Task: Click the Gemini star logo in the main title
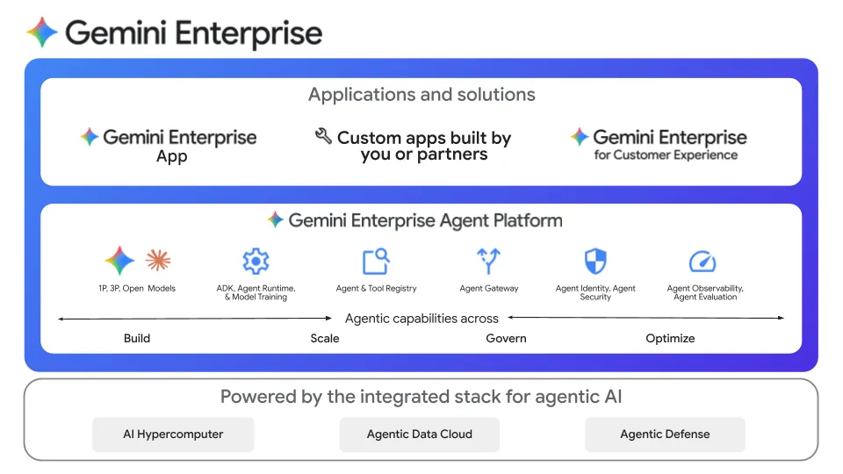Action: [42, 33]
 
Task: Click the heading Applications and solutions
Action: [421, 95]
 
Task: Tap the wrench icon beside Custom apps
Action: [323, 136]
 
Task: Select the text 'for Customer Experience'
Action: [666, 155]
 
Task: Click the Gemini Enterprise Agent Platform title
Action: [425, 220]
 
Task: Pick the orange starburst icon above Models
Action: [158, 260]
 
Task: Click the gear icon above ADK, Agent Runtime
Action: [256, 261]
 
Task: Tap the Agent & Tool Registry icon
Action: [376, 261]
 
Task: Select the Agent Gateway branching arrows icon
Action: [488, 261]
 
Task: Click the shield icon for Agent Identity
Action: [595, 261]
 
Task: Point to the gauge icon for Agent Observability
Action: [702, 261]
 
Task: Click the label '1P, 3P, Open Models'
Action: [137, 289]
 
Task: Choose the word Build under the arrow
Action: [137, 338]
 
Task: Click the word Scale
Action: [325, 338]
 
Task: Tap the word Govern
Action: [507, 338]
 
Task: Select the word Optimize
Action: [670, 338]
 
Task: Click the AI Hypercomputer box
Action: [173, 434]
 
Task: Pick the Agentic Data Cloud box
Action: [420, 434]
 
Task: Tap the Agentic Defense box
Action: [665, 434]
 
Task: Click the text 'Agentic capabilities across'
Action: [421, 319]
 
